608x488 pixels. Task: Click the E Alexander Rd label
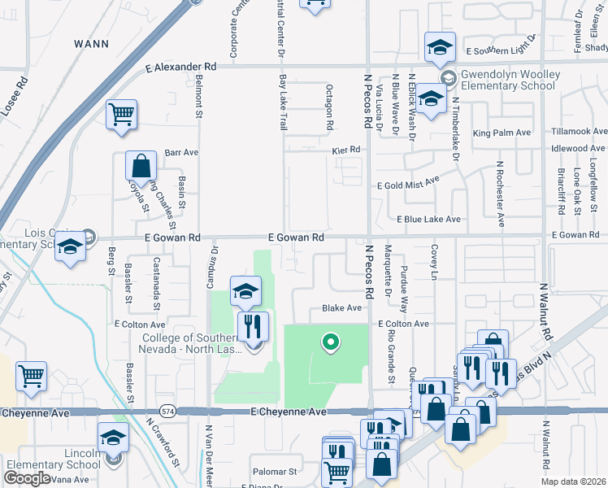tap(181, 68)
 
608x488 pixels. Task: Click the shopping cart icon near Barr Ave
tap(121, 114)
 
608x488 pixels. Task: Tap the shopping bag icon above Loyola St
tap(141, 166)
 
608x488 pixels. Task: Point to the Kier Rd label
tap(345, 150)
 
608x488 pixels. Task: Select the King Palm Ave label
tap(502, 133)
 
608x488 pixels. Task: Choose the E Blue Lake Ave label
tap(428, 220)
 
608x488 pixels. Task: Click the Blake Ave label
tap(341, 308)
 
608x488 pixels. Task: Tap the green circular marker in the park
tap(330, 342)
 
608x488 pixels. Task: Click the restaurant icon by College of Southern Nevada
tap(253, 327)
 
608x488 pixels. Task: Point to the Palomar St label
tap(275, 471)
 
